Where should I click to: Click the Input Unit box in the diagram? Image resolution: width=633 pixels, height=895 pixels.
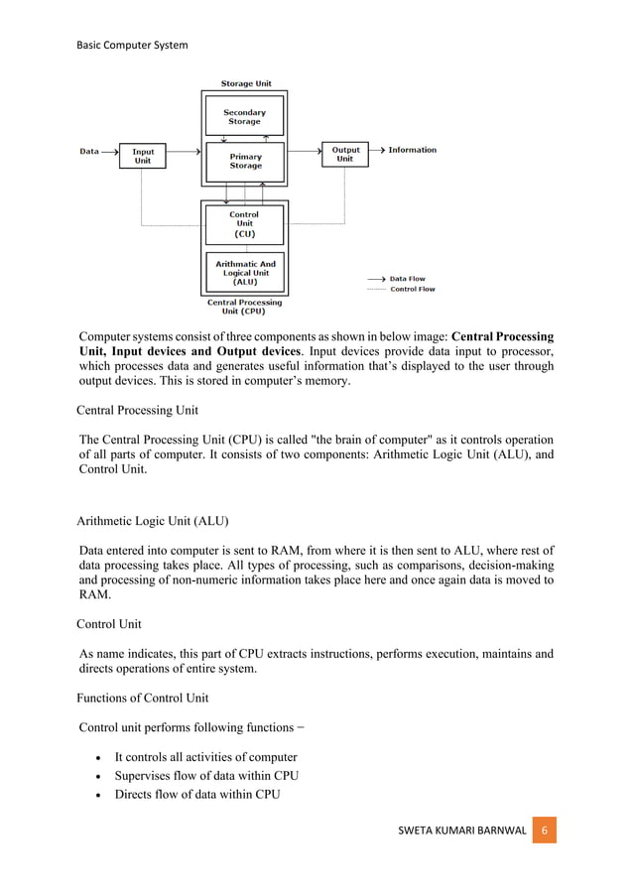coord(143,156)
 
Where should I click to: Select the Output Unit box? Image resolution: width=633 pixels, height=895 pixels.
coord(344,154)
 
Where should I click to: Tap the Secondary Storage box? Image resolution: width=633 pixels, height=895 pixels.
coord(244,117)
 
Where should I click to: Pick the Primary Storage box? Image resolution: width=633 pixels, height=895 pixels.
coord(245,161)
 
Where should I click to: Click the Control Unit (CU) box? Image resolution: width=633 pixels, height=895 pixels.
coord(244,224)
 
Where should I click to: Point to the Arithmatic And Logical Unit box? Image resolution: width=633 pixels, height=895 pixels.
coord(244,273)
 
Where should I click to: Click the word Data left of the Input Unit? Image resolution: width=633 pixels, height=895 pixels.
coord(89,151)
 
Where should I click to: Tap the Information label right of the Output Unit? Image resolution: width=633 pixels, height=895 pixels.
coord(412,150)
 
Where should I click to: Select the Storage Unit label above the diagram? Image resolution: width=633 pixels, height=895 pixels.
coord(245,84)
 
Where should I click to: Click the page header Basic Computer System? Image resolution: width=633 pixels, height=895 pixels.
coord(132,45)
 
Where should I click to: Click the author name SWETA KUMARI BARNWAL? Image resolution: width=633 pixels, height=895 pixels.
coord(461,830)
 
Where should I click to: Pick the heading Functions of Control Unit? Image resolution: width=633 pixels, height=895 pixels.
coord(142,698)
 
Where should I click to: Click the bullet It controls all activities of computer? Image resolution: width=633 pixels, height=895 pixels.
coord(205,757)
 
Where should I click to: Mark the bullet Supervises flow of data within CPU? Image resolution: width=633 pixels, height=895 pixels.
coord(206,776)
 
